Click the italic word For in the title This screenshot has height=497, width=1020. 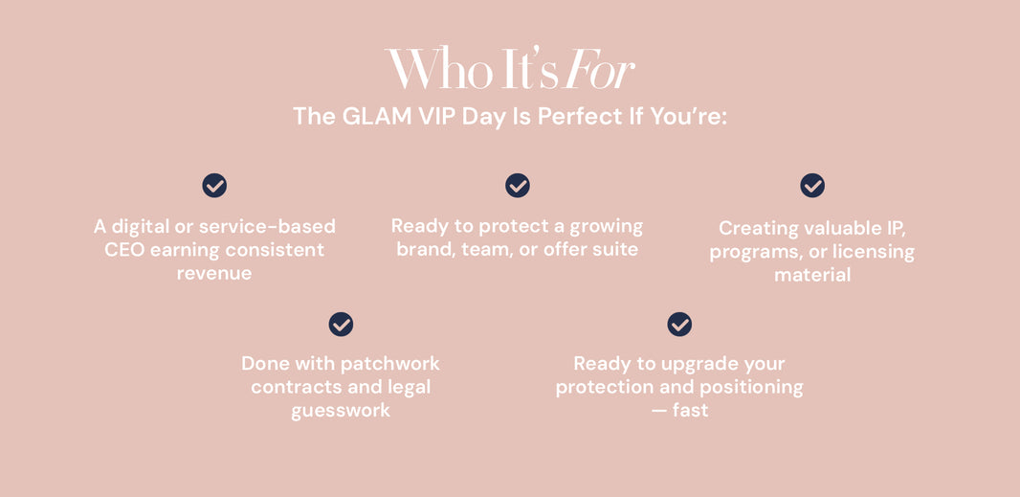tap(600, 68)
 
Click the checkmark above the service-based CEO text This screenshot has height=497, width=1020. tap(214, 186)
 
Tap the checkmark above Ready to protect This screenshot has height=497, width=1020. tap(517, 186)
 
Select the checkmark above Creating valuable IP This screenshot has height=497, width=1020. tap(812, 186)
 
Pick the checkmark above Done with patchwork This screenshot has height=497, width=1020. tap(341, 324)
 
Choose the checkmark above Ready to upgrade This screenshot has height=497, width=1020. tap(679, 324)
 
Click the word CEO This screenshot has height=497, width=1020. tap(124, 250)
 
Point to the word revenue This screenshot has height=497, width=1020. tap(214, 274)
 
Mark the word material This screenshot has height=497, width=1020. tap(812, 275)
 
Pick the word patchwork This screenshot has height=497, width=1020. tap(393, 364)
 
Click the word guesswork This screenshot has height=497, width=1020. tap(341, 412)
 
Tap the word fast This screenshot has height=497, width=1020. tap(690, 411)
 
